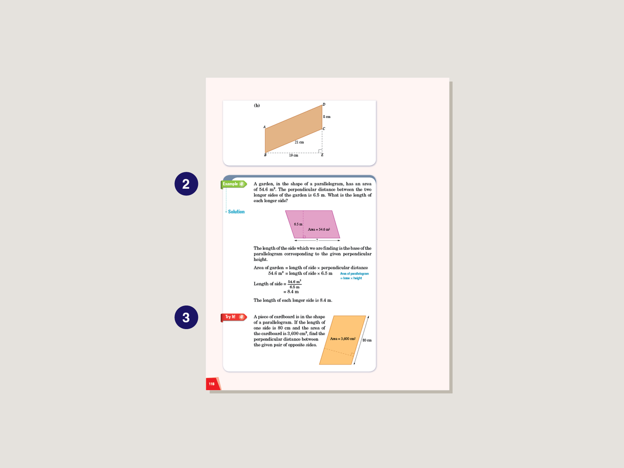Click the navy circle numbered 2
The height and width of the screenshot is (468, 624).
186,184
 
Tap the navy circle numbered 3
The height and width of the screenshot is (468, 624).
186,317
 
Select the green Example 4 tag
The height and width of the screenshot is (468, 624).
234,184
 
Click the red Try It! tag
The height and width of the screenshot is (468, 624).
234,317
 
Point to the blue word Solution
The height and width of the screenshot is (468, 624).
236,212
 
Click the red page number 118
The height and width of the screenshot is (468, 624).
212,384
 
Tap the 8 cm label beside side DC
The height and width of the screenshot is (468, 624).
327,117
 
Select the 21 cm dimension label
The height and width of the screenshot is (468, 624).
299,143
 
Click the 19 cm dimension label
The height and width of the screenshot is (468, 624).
293,156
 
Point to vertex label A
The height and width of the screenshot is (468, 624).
264,127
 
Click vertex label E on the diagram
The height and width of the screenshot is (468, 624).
322,155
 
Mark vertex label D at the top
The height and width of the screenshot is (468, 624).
324,104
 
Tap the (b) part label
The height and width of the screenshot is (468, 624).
257,105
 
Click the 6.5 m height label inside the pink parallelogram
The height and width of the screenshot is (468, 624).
298,224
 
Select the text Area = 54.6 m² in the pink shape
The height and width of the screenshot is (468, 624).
319,230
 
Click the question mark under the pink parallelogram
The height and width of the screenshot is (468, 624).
317,240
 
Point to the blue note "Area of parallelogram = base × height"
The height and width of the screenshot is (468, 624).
354,276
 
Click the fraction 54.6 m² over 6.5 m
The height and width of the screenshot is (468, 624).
294,284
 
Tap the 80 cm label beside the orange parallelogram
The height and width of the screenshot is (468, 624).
367,340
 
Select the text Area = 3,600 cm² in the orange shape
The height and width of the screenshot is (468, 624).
343,339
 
